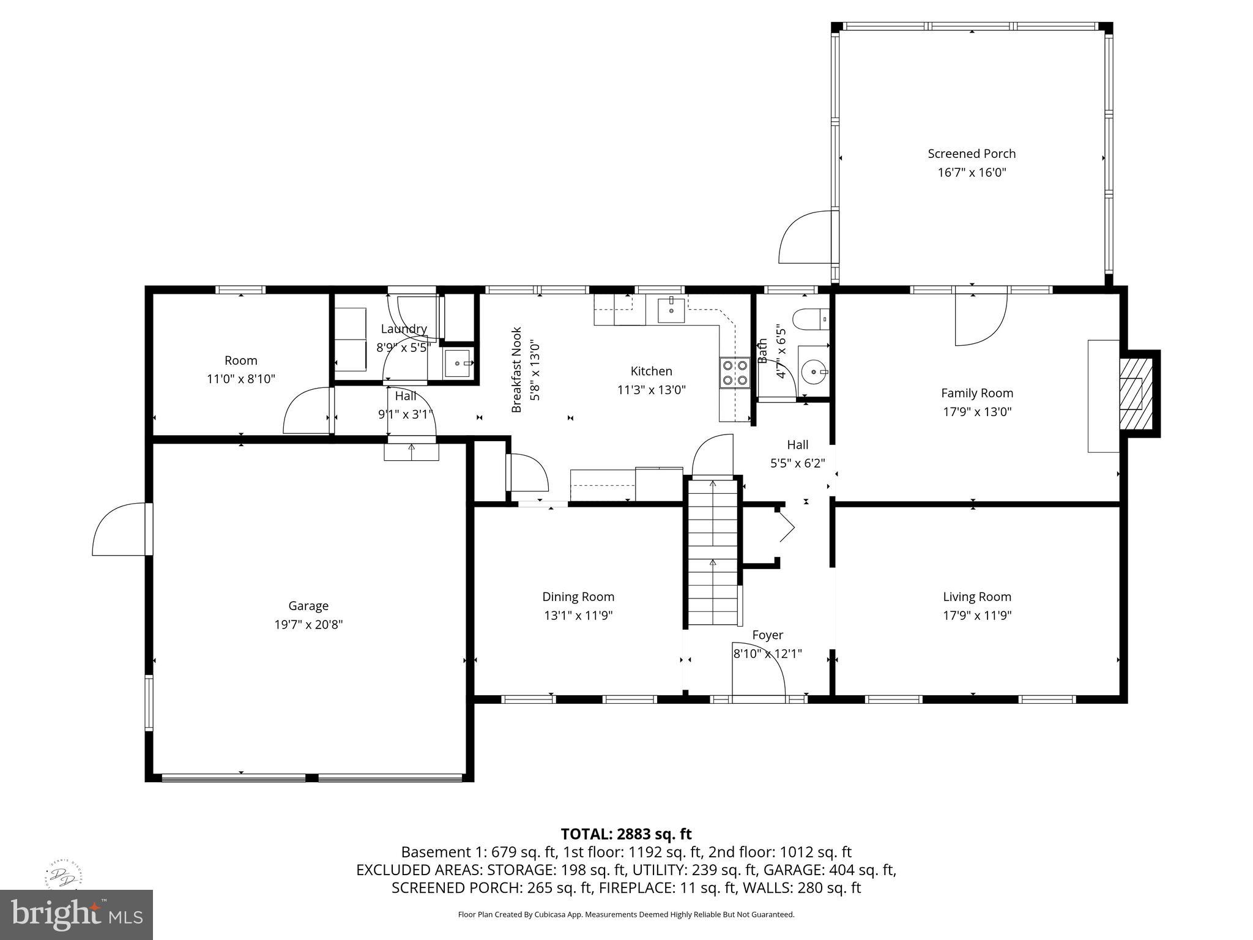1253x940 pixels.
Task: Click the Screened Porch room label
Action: pos(972,154)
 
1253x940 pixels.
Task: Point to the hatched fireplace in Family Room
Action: pos(1136,394)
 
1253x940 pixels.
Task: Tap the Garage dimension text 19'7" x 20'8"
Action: pos(308,625)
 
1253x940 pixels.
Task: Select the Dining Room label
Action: pos(578,597)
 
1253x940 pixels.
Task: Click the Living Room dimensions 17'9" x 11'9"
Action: pos(977,616)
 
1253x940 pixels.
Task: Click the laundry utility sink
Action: pos(458,364)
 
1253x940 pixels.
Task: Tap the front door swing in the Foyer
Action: pos(759,670)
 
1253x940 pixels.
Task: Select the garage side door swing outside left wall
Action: pos(120,530)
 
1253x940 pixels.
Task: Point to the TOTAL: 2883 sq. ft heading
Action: pos(626,834)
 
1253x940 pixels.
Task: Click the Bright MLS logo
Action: pos(76,914)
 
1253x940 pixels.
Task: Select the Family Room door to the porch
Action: pos(980,319)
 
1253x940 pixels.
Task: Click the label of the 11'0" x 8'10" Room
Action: pos(240,360)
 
